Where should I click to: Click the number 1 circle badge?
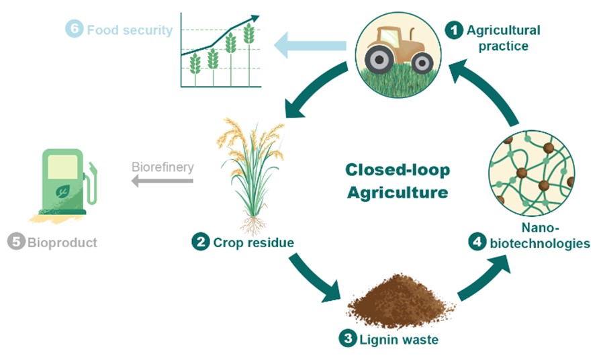click(x=455, y=30)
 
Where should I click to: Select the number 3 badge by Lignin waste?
click(x=347, y=339)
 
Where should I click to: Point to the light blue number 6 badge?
click(x=75, y=30)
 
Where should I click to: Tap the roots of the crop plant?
click(x=253, y=222)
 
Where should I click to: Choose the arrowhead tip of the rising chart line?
click(x=255, y=17)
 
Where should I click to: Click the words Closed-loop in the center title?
click(x=398, y=169)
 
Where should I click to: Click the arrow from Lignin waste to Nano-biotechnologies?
click(x=482, y=275)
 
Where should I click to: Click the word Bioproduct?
click(x=62, y=242)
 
